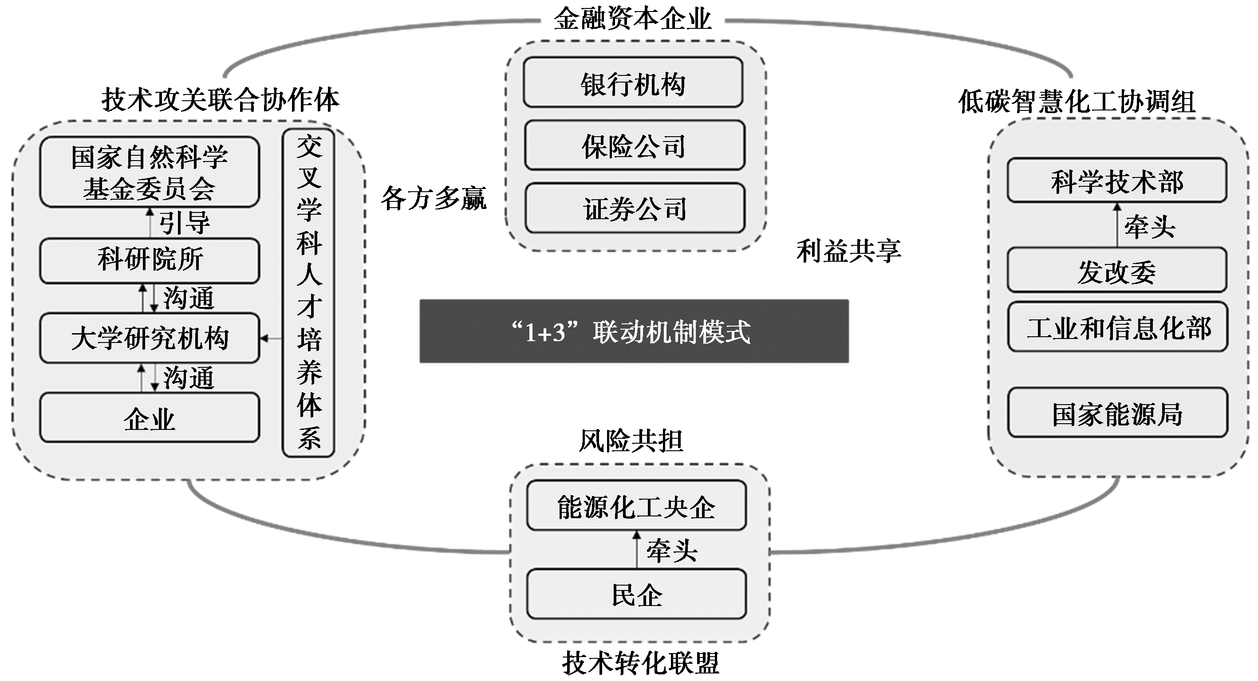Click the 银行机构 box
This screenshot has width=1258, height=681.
[633, 83]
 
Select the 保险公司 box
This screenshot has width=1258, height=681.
[635, 146]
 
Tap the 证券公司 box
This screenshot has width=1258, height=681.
[635, 208]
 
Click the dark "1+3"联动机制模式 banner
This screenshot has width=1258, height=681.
[634, 331]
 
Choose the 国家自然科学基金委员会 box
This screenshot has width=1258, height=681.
[150, 172]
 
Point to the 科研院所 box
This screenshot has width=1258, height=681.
[150, 260]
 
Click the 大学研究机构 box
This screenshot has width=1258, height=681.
[150, 338]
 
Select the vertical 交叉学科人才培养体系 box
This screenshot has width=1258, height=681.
[309, 293]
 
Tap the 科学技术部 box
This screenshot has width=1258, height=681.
[1117, 180]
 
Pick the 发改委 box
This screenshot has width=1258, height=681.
[1117, 270]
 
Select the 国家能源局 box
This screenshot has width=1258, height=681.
[1117, 413]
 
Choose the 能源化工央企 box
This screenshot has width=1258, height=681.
[636, 506]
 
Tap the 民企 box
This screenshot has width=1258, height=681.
[636, 594]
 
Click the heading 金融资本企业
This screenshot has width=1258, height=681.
[632, 19]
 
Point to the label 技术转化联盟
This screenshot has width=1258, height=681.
[640, 662]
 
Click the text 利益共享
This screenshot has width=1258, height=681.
[848, 251]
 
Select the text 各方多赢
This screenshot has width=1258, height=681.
[434, 198]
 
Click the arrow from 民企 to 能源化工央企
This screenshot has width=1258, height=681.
[636, 550]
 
